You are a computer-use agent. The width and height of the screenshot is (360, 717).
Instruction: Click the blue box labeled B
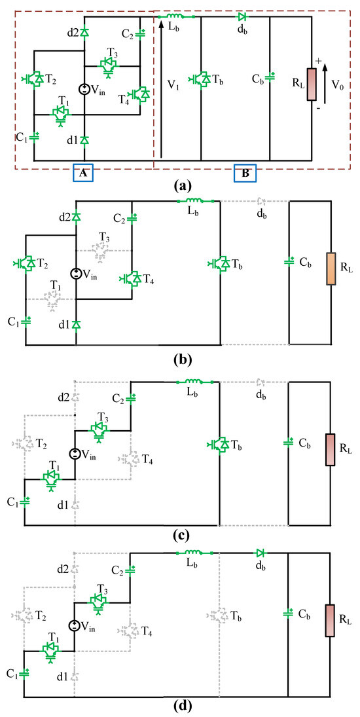(x=244, y=173)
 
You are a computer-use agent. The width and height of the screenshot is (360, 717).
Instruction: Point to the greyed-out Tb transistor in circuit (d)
(x=219, y=616)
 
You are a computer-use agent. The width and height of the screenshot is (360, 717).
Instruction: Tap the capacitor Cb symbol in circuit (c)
(x=289, y=443)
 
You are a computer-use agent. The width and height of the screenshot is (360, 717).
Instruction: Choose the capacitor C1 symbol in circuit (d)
(x=25, y=674)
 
